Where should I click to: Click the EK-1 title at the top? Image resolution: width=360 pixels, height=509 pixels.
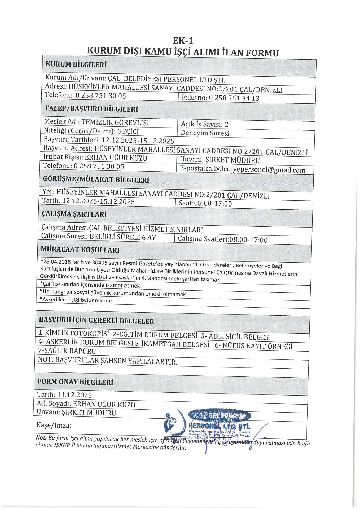[183, 41]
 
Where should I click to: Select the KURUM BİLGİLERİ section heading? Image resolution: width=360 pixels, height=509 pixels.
[76, 64]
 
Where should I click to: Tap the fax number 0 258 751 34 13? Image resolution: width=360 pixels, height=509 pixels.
[234, 98]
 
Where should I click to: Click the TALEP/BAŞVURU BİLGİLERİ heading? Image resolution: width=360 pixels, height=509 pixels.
[91, 109]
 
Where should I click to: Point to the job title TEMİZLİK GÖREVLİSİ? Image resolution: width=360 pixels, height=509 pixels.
[115, 122]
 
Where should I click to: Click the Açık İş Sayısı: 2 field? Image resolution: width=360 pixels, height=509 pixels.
[204, 124]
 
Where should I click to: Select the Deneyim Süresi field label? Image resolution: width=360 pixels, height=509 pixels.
[206, 133]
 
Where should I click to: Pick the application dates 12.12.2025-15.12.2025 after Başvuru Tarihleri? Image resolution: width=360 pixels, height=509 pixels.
[138, 141]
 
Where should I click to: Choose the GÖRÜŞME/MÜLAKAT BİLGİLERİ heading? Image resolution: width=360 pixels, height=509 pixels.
[96, 179]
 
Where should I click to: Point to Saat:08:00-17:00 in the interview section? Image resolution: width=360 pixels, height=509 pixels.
[205, 204]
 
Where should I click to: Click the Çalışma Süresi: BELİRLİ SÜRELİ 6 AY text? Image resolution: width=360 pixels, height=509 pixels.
[99, 237]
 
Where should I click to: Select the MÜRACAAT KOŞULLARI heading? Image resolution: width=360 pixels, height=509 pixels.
[80, 250]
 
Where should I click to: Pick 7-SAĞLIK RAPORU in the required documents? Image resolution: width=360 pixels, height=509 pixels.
[67, 351]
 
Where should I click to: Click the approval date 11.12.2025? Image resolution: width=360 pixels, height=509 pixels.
[74, 395]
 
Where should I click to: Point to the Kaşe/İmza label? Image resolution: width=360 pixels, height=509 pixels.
[54, 425]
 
